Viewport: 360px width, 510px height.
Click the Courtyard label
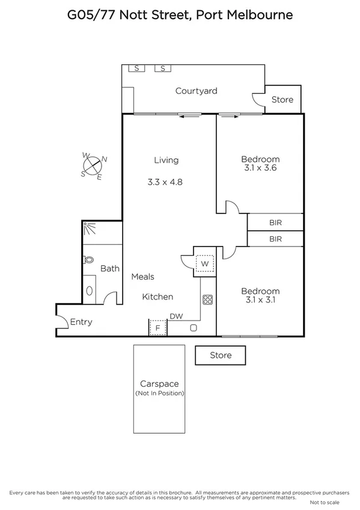click(196, 91)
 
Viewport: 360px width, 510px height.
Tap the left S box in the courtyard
click(136, 69)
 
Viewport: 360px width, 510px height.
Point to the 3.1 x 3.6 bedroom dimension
click(260, 168)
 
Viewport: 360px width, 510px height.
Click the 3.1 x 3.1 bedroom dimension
click(260, 300)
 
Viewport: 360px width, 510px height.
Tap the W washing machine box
click(205, 263)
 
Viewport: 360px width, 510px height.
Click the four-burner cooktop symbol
click(209, 300)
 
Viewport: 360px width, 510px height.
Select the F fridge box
click(158, 328)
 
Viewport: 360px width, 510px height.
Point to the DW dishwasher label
click(176, 316)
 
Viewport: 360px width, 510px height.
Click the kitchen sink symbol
click(194, 328)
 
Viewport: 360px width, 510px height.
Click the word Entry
click(81, 322)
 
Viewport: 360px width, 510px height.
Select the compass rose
click(93, 166)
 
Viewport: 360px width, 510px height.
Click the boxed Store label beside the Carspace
click(221, 355)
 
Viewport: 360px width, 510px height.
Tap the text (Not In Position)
click(159, 393)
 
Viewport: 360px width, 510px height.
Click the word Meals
click(143, 277)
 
